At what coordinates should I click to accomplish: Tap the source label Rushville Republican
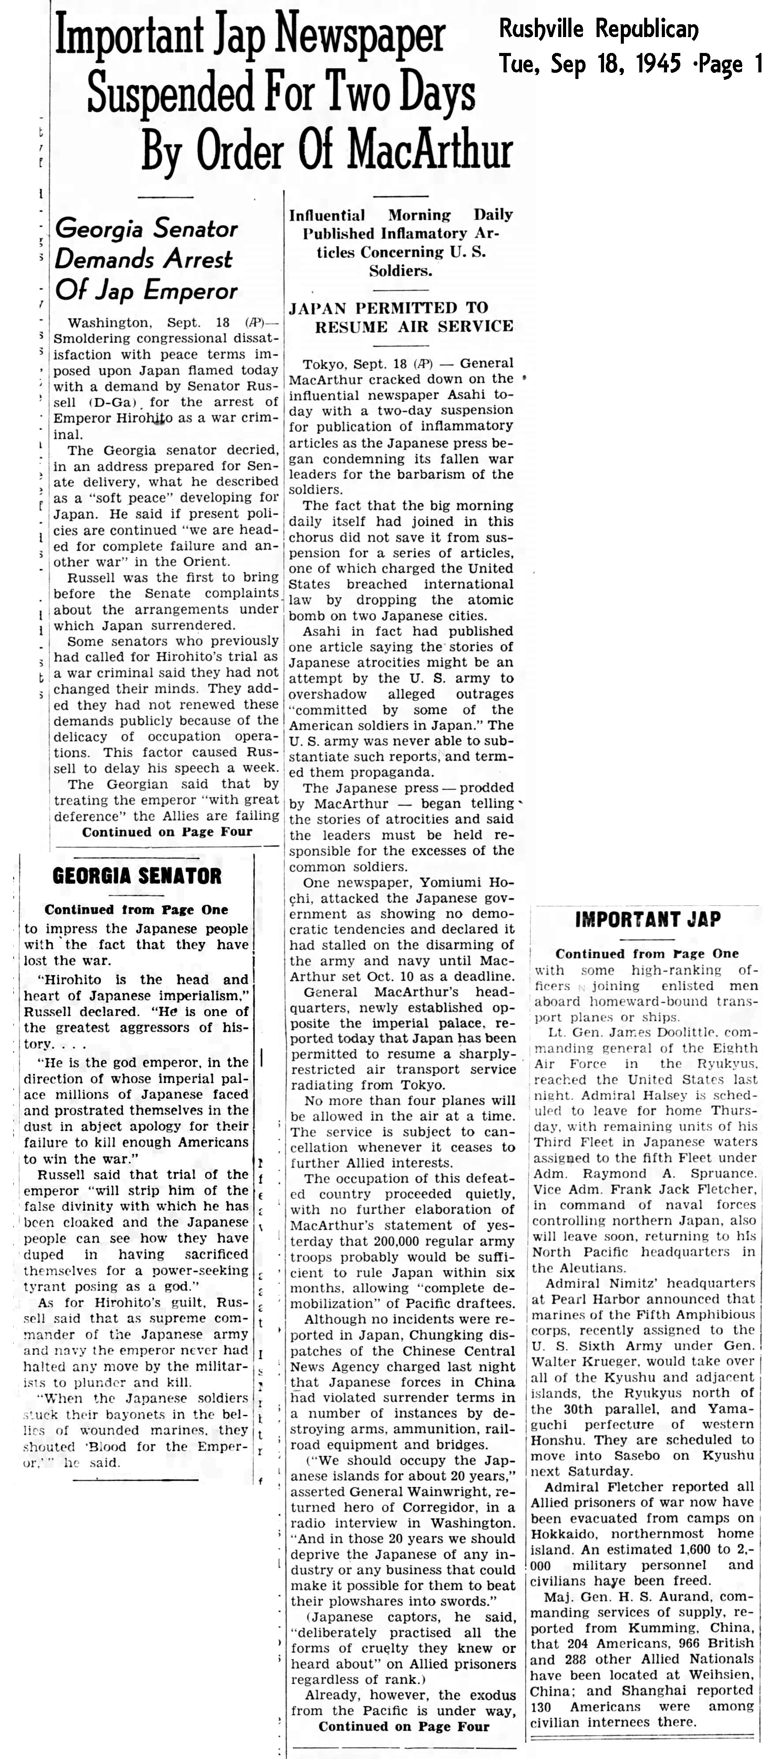coord(599,30)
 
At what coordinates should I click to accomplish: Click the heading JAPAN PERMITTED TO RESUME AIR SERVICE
coord(401,317)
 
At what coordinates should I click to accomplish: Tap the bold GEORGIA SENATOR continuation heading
coord(137,876)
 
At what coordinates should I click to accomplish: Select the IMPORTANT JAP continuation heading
coord(647,920)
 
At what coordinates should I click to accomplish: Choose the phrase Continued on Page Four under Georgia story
coord(167,832)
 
